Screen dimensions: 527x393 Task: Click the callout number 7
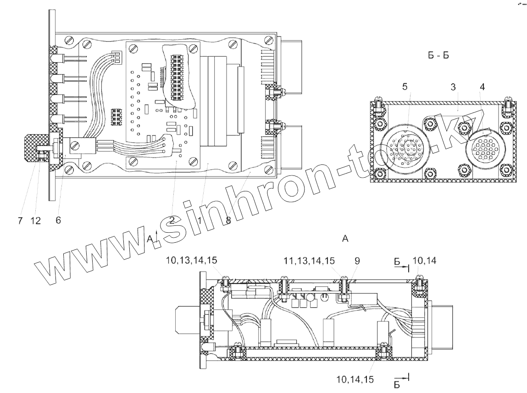21,220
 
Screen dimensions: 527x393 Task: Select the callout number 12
35,220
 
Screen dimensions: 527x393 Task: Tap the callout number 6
58,220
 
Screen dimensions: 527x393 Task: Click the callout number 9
357,261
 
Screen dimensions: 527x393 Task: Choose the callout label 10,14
425,261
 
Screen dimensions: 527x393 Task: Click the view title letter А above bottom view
345,238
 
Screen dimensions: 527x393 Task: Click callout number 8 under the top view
228,220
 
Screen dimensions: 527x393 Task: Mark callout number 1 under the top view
200,220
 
